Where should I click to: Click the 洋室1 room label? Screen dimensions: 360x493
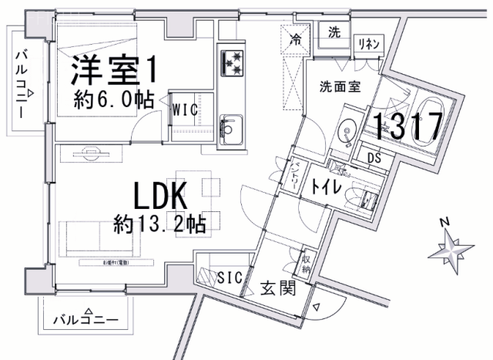(116, 71)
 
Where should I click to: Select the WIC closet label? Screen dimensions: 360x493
(185, 109)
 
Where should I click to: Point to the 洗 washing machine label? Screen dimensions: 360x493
(334, 32)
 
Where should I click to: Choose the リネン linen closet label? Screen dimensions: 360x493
(367, 45)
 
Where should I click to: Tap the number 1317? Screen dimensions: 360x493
(408, 126)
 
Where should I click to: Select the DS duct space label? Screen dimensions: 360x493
(374, 159)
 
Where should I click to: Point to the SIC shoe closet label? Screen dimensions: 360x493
(231, 276)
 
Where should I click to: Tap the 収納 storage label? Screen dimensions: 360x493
(307, 265)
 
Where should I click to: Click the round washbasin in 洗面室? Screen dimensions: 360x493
(347, 132)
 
